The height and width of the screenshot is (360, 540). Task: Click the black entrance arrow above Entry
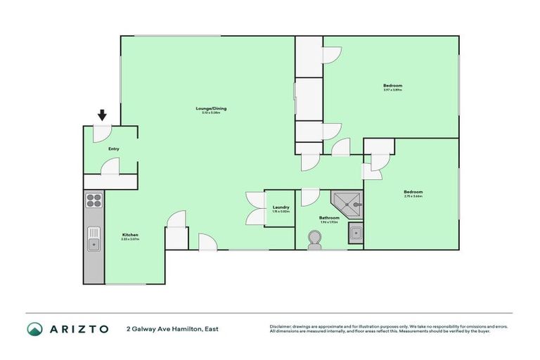click(x=102, y=115)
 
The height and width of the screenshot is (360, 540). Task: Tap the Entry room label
click(x=113, y=148)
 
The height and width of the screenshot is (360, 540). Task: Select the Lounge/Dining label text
click(x=211, y=108)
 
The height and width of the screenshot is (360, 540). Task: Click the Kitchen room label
click(x=129, y=234)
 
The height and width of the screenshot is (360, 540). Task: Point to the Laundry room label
click(x=281, y=207)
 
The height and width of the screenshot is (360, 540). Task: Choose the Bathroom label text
click(x=329, y=217)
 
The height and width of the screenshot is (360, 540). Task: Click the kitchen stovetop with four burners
click(x=94, y=201)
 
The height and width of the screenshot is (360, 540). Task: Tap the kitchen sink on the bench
click(x=94, y=240)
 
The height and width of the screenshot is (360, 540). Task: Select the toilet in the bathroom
click(x=314, y=242)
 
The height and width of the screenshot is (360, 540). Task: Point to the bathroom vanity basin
click(x=356, y=233)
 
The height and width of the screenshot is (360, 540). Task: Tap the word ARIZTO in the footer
click(x=79, y=328)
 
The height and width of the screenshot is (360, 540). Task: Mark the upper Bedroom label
click(x=393, y=85)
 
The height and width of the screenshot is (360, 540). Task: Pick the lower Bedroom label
click(x=413, y=191)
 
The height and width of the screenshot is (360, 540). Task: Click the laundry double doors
click(x=255, y=209)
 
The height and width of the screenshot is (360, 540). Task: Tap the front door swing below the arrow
click(x=103, y=132)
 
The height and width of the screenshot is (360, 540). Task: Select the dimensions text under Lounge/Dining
click(x=211, y=113)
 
